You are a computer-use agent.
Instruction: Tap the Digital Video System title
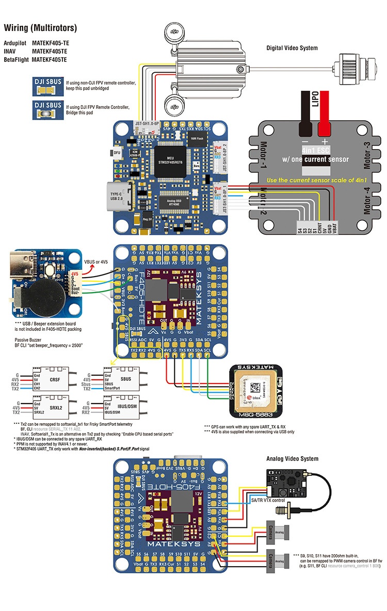point(292,48)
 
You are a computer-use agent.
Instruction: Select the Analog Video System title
point(292,458)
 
